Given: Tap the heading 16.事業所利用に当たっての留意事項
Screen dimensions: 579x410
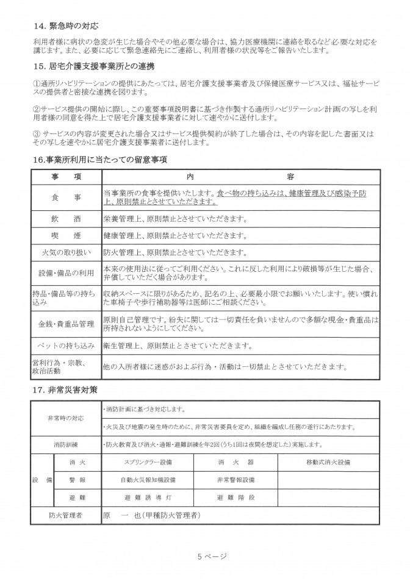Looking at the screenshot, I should [100, 160].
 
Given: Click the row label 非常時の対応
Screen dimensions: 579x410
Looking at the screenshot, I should [66, 418].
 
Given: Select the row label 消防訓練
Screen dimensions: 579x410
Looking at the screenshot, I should [66, 444].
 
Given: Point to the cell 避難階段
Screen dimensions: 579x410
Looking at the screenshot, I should [236, 498].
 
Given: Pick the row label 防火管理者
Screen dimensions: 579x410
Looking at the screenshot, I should [66, 516].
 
